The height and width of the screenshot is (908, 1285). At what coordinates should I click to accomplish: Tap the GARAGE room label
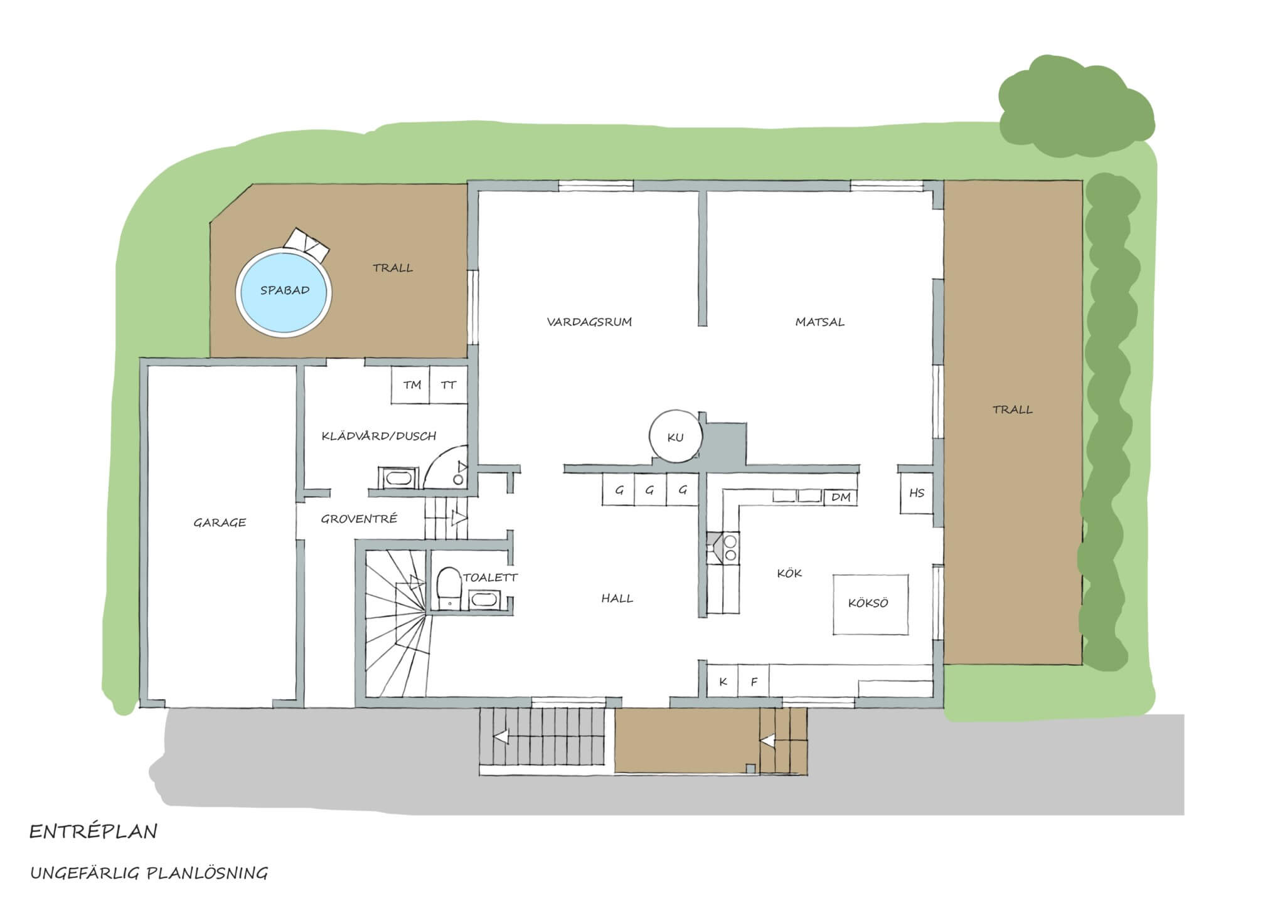coord(220,522)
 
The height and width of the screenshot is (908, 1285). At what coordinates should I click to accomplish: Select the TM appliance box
coord(411,385)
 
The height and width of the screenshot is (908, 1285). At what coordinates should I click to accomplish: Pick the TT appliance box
coord(449,385)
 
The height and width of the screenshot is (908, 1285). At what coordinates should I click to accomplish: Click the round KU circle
coord(675,436)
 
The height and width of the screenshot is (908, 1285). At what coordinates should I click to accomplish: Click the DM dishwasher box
coord(841,497)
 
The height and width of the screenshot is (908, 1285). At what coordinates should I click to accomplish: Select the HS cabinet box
coord(917,493)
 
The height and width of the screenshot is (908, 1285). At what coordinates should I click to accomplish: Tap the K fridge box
coord(723,681)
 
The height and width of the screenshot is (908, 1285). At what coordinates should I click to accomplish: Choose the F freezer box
coord(754,681)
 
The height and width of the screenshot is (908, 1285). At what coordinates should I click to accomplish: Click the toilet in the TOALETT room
coord(449,588)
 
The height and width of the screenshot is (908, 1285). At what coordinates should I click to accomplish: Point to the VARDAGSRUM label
coord(589,322)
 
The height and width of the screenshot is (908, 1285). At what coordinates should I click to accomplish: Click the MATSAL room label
coord(819,322)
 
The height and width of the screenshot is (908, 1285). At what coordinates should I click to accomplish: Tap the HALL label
coord(617,599)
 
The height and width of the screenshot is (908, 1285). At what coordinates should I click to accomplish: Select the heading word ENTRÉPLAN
coord(93,832)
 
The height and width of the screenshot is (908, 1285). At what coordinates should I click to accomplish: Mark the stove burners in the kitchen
coord(730,547)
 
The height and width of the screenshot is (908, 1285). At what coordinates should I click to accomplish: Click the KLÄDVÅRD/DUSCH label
coord(378,436)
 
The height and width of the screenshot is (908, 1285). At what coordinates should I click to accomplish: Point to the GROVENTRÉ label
coord(359,519)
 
